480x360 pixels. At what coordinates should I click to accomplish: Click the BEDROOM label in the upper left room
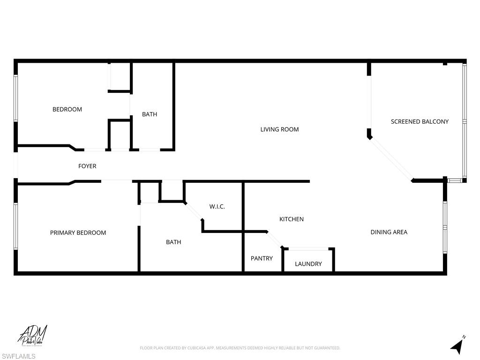click(67, 109)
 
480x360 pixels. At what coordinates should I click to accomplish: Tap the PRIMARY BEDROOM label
click(78, 232)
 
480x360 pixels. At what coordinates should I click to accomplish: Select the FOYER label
click(87, 166)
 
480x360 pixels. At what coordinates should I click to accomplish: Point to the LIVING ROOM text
click(279, 129)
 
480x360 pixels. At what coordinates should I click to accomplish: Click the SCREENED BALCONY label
click(420, 121)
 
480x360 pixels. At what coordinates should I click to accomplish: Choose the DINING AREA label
click(389, 232)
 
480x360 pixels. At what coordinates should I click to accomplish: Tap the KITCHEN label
click(292, 219)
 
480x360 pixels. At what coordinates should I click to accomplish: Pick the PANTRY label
click(262, 258)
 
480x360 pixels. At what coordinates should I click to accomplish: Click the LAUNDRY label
click(308, 264)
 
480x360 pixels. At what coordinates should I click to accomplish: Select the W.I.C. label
click(217, 206)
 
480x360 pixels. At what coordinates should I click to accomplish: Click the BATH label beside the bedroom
click(150, 114)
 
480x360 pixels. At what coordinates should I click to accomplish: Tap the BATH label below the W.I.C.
click(173, 242)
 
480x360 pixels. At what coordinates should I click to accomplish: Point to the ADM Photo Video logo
click(33, 336)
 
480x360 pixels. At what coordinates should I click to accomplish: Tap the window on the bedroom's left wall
click(15, 98)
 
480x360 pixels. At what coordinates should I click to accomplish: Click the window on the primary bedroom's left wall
click(15, 226)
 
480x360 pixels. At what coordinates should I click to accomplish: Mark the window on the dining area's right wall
click(445, 227)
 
